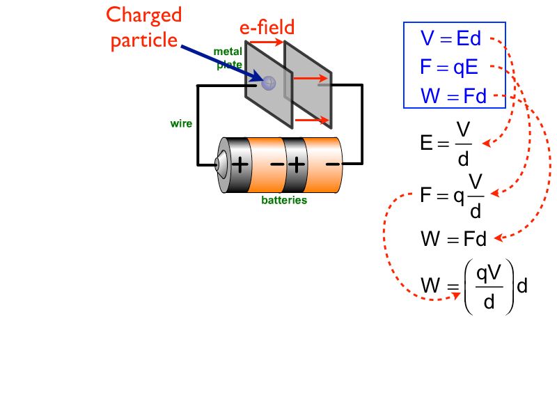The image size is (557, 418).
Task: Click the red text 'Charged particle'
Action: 145,28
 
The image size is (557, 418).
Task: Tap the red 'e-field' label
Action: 267,27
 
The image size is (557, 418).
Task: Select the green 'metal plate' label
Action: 228,59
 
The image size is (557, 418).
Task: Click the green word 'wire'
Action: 181,124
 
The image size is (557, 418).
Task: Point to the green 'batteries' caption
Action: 284,201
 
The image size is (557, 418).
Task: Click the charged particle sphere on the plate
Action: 269,82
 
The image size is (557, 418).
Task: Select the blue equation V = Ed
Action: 450,38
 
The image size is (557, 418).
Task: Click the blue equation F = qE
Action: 449,68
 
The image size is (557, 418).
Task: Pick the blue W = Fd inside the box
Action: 453,96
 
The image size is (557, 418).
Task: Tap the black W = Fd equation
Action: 453,240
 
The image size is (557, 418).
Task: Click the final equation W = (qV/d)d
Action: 472,285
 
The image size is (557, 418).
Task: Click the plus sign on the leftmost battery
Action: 240,165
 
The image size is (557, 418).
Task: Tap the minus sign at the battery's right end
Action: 333,164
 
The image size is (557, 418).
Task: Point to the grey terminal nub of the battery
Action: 218,165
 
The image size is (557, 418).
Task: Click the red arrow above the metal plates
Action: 266,42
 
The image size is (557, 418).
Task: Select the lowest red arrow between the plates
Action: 312,120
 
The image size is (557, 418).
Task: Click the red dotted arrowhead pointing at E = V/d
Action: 486,144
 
